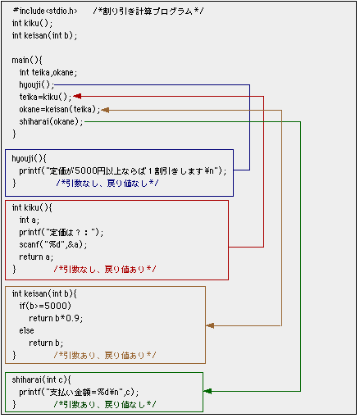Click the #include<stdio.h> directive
tap(45, 11)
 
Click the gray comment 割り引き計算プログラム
tap(148, 11)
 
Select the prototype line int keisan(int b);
tap(44, 35)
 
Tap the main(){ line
tap(27, 60)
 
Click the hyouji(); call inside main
tap(37, 85)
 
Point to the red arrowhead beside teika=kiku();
tap(77, 96)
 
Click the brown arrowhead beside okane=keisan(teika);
tap(105, 110)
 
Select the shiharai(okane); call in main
tap(51, 121)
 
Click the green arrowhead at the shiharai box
tap(207, 391)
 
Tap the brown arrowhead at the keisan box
tap(210, 325)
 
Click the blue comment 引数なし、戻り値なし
tap(107, 184)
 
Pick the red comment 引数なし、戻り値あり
tap(105, 270)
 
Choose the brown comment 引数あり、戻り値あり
tap(105, 356)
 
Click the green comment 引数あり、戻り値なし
tap(105, 404)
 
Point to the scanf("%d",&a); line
tap(53, 244)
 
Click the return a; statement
tap(36, 257)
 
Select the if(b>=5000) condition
tap(45, 306)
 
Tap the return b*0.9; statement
tap(56, 318)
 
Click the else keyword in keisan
tap(26, 330)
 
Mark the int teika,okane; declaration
tap(48, 72)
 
